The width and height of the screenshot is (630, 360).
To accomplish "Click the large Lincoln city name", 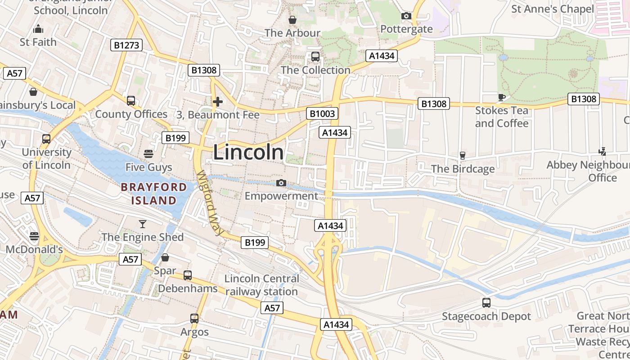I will (248, 152).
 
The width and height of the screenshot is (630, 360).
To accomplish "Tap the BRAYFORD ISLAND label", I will (154, 194).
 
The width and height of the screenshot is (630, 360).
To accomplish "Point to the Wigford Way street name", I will (210, 204).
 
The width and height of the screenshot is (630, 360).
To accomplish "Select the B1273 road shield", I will (126, 45).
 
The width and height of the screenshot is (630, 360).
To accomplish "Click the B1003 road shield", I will (323, 113).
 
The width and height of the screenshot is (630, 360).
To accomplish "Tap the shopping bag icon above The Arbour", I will (292, 20).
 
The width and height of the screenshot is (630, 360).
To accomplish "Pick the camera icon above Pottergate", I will (406, 16).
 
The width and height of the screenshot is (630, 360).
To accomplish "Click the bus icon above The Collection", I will (315, 57).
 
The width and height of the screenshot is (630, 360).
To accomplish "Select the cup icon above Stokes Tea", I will (502, 97).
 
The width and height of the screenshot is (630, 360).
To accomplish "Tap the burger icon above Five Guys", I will (148, 154).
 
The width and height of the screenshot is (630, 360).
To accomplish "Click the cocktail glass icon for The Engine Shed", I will (143, 224).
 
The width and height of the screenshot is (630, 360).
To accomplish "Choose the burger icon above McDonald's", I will (34, 236).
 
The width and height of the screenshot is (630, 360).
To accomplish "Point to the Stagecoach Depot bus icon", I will (486, 303).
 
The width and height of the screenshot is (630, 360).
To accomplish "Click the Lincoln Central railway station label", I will (261, 285).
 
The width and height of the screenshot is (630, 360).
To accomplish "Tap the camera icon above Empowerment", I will (281, 183).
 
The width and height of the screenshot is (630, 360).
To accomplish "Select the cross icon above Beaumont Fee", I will (218, 102).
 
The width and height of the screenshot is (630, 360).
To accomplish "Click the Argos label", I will (194, 332).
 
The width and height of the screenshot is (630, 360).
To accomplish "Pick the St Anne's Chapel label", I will (552, 9).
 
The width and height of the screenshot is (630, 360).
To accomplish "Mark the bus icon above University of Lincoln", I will (46, 139).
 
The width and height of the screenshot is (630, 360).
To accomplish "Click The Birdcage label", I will (463, 169).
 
